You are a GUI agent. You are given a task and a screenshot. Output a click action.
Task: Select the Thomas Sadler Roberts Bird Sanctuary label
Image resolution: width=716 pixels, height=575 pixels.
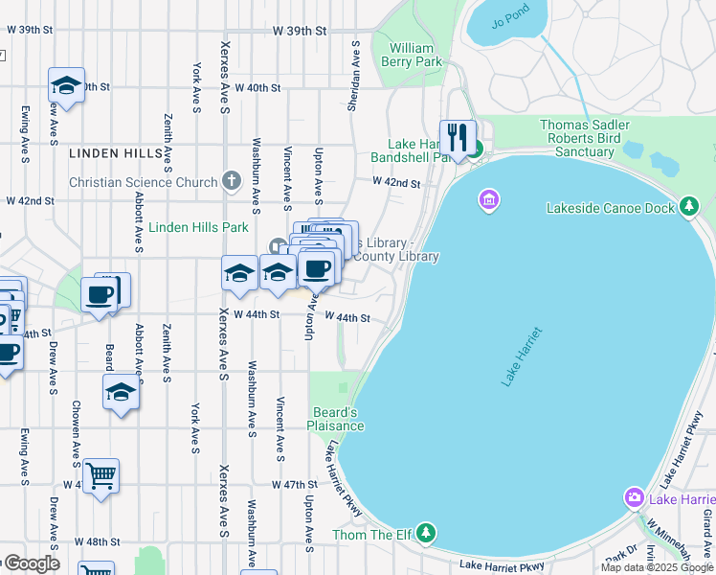[584, 138]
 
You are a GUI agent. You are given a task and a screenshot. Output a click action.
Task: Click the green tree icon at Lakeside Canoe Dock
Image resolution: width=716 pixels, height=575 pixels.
[689, 207]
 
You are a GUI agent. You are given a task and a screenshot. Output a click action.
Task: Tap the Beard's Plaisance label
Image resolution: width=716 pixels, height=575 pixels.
[335, 419]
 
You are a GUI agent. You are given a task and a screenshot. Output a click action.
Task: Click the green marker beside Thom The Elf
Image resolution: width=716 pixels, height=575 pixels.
[426, 533]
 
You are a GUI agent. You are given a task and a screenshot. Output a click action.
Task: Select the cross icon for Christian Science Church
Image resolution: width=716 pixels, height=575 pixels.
[231, 181]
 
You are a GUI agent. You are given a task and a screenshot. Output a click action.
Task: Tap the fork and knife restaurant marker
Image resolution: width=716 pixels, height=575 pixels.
[458, 136]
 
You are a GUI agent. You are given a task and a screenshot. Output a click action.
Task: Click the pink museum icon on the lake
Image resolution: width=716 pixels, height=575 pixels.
[488, 200]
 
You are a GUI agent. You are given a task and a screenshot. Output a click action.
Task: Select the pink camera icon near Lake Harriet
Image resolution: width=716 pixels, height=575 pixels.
[634, 497]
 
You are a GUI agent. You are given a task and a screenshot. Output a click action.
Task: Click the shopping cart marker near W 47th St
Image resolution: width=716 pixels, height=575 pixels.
[101, 475]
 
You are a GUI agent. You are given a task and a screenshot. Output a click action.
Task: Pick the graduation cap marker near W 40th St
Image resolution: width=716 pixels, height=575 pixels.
[66, 85]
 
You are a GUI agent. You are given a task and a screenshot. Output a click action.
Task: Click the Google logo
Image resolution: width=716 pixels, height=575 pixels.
[31, 563]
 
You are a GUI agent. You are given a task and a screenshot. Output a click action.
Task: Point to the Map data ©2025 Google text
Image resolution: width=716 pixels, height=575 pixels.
[657, 567]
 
